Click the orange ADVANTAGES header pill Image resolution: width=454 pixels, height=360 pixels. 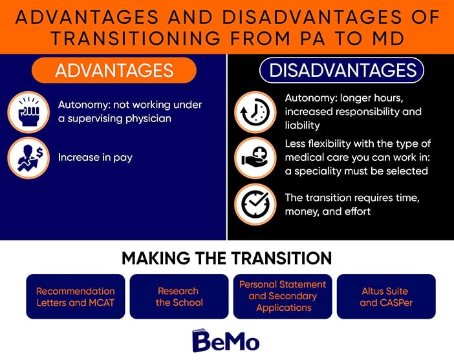tap(114, 70)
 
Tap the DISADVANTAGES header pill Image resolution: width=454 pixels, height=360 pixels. tap(341, 70)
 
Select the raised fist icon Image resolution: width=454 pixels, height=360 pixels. tap(28, 112)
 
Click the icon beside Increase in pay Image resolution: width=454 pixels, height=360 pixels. tap(28, 158)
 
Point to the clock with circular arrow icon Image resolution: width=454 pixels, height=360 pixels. tap(255, 112)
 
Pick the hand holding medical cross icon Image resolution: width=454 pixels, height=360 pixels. tap(255, 158)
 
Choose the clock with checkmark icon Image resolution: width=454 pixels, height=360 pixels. tap(255, 204)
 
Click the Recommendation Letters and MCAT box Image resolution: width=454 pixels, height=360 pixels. tap(76, 297)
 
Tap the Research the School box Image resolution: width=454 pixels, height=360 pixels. tap(179, 297)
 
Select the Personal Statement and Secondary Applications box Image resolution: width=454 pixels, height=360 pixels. tap(283, 297)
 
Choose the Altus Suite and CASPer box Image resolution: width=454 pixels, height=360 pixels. tap(386, 297)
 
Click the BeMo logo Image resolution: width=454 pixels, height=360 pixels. tap(226, 341)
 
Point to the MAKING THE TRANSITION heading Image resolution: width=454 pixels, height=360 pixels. tap(227, 258)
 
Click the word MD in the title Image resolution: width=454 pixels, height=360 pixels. tap(388, 39)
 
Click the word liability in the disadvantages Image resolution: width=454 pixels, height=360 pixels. tap(302, 125)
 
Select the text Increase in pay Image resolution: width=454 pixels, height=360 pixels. tap(95, 158)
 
